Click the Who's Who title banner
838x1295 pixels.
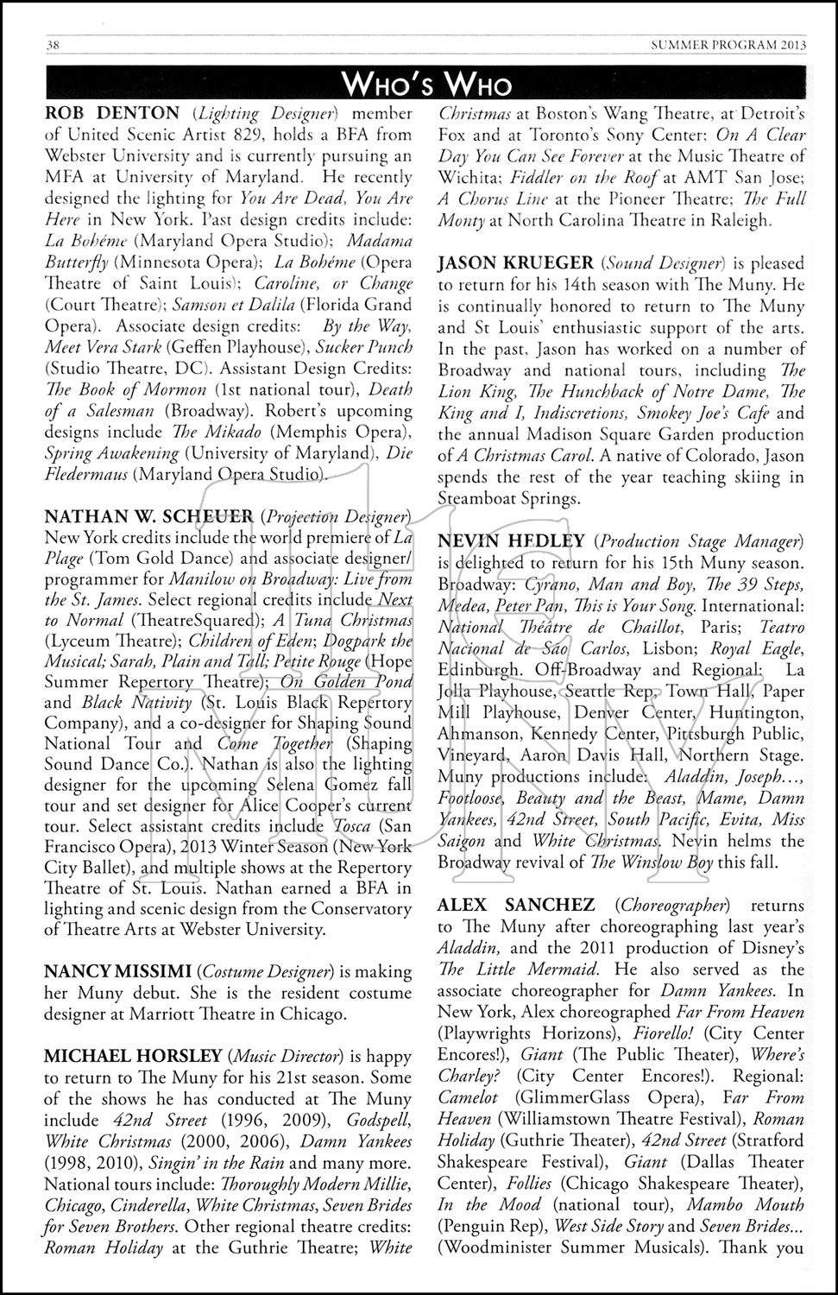click(x=426, y=85)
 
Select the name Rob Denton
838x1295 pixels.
click(x=112, y=113)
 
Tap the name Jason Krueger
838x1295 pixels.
click(x=515, y=263)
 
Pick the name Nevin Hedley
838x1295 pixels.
click(x=513, y=541)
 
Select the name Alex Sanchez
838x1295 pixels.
click(x=516, y=905)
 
